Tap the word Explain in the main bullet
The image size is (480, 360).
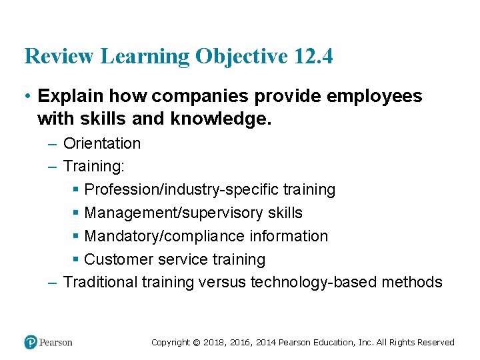(70, 96)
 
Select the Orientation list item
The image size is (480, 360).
(102, 143)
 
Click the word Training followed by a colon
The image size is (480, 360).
(94, 167)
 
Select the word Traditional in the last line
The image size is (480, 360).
(100, 282)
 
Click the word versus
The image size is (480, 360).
(219, 282)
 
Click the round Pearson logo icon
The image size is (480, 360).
(31, 342)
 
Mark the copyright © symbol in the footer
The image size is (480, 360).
(197, 343)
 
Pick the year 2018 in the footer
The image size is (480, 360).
(215, 343)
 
